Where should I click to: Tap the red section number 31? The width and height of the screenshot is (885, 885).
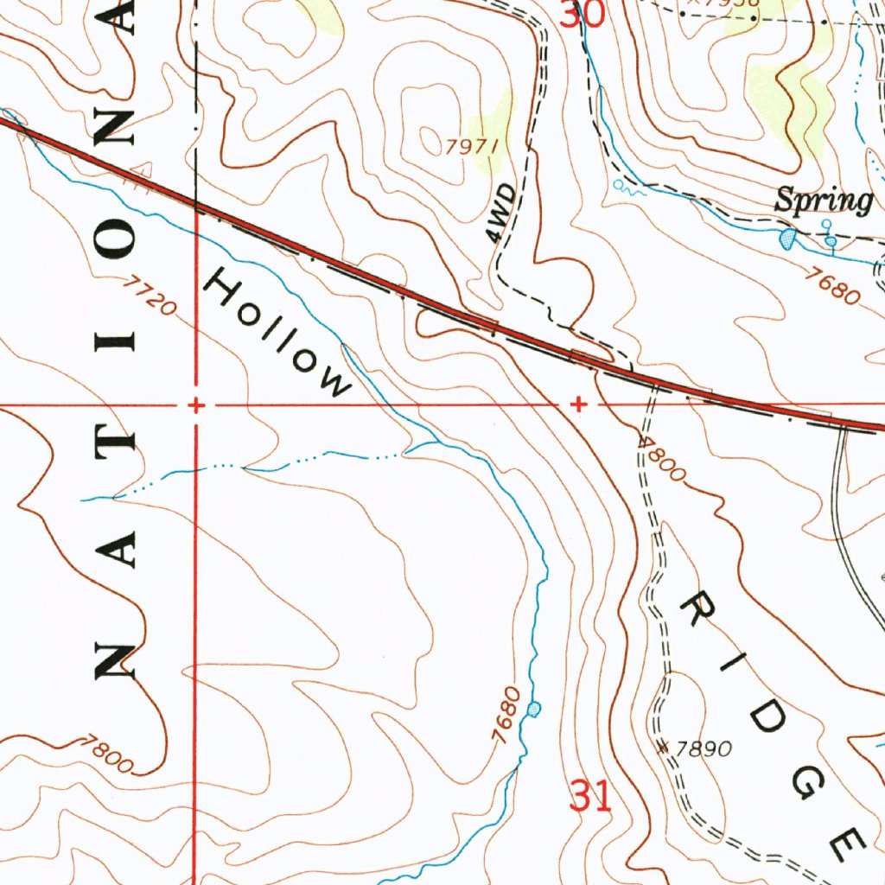click(x=591, y=796)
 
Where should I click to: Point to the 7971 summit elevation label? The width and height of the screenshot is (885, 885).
click(x=472, y=146)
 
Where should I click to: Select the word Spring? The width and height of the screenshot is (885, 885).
click(x=823, y=201)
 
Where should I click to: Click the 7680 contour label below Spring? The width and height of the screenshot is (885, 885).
click(x=831, y=286)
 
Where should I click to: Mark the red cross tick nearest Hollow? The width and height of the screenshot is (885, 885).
click(x=196, y=404)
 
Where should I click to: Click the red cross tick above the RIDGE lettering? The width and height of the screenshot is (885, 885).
click(x=578, y=404)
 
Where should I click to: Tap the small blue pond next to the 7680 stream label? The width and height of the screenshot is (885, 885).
click(x=536, y=709)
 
